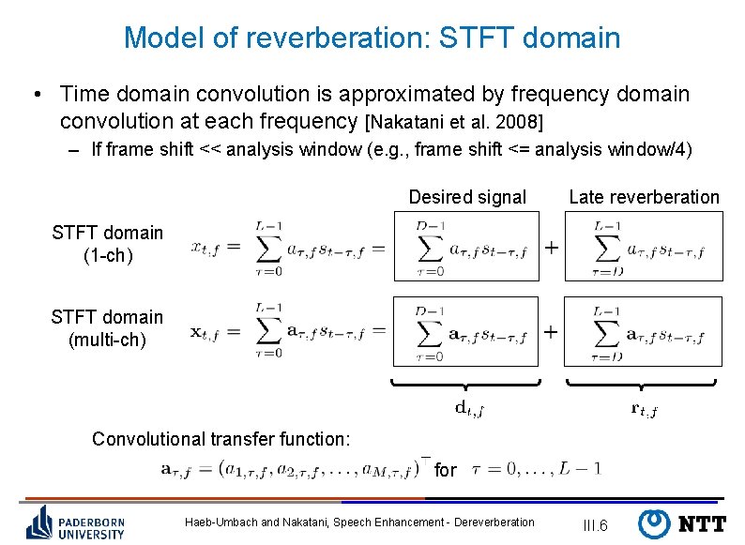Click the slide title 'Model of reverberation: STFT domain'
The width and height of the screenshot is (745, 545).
(x=372, y=38)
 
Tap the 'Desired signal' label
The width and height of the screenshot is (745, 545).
(x=467, y=197)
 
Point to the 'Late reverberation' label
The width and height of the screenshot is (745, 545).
(x=644, y=197)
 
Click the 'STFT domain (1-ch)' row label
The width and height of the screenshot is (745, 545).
(x=107, y=244)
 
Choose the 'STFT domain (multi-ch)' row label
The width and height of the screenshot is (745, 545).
(x=107, y=328)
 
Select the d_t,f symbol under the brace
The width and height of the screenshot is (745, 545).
(x=468, y=407)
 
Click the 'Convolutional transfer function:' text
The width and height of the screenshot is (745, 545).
(x=221, y=439)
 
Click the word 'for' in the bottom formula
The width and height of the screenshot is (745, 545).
(x=446, y=470)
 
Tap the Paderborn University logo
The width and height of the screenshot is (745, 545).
(x=77, y=522)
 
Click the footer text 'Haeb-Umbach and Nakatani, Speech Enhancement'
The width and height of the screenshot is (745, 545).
(x=360, y=522)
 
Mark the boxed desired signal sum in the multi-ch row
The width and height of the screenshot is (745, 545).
(x=467, y=331)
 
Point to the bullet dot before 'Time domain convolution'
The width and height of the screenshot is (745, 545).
(x=35, y=95)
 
